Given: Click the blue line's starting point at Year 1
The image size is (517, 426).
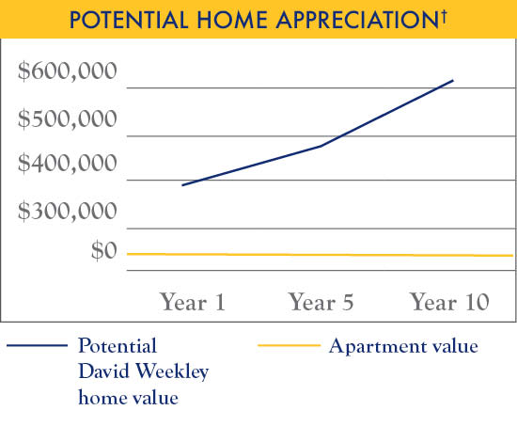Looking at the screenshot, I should pos(182,185).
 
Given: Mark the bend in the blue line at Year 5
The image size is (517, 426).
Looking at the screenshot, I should pos(321,146).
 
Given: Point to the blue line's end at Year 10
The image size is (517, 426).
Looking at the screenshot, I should pos(453,81).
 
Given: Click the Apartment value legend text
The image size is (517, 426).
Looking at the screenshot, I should pos(403,346).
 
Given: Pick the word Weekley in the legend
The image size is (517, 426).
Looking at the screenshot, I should pos(170,371).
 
